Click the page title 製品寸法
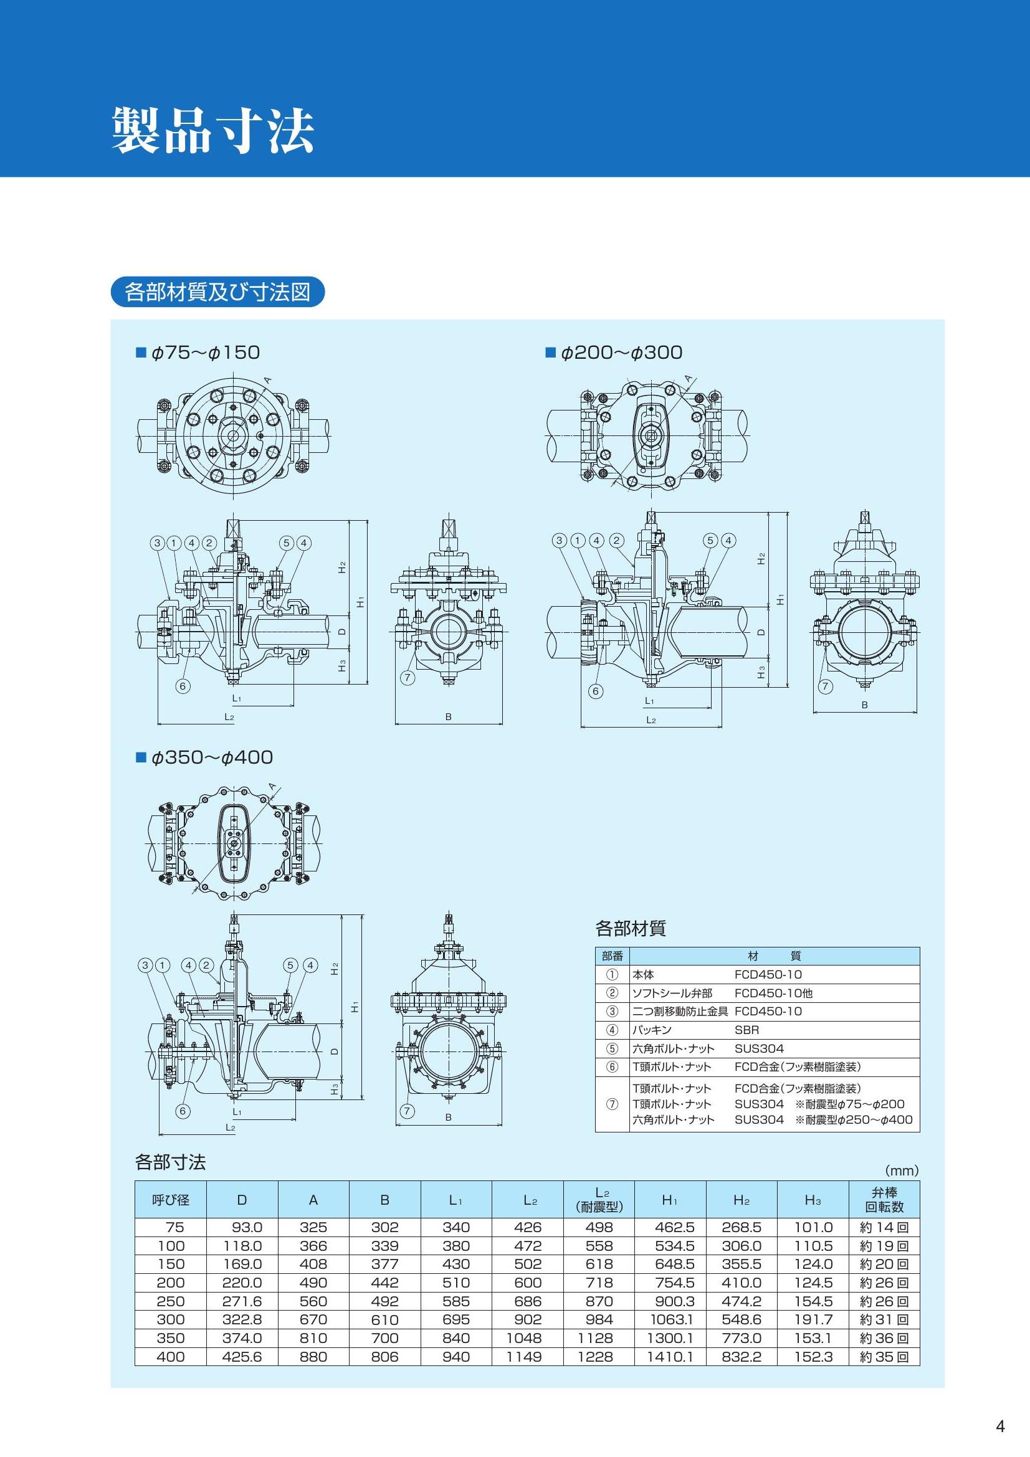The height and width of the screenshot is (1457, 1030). coord(213,130)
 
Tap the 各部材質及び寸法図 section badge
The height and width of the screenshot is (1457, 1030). coord(217,292)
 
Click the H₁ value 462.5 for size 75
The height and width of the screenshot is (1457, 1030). coord(674,1227)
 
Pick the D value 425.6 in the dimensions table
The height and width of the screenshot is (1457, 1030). coord(242,1357)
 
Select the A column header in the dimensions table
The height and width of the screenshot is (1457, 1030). coord(313,1199)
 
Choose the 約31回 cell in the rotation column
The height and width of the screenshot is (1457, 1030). coord(884,1319)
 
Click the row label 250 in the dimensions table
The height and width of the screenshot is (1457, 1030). coord(170,1301)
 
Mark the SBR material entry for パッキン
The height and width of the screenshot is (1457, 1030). coord(746,1030)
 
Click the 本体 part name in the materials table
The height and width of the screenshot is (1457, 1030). coord(642,974)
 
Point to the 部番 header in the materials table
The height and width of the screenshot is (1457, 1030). coord(612,956)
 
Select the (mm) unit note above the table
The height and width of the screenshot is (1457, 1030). coord(901,1170)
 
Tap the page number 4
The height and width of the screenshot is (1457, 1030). coord(1001,1427)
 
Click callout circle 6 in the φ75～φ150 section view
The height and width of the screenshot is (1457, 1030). coord(183,686)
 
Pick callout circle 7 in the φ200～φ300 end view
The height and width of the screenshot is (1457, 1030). coord(825,686)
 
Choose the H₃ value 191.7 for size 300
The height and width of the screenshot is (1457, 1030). coord(813,1319)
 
